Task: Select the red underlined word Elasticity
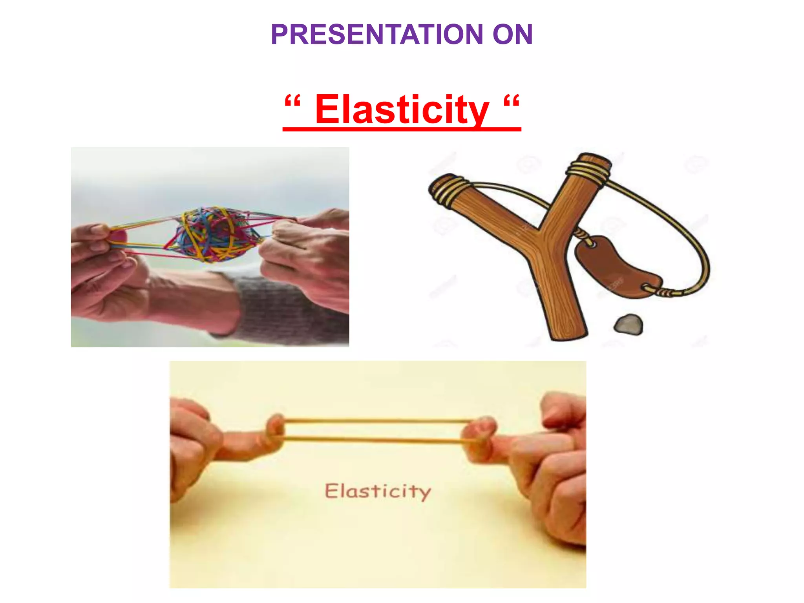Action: (402, 110)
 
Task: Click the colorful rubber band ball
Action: (212, 235)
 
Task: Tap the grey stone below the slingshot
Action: (629, 324)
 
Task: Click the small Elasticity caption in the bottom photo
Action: (378, 491)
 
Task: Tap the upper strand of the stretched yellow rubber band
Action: (377, 421)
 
